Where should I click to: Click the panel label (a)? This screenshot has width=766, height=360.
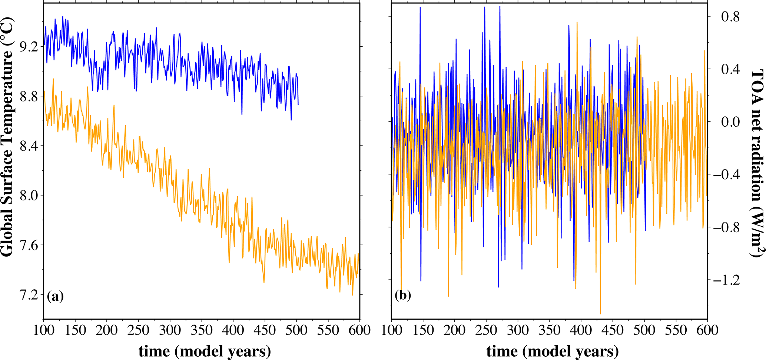coord(55,296)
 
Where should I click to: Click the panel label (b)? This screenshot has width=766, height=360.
coord(403,296)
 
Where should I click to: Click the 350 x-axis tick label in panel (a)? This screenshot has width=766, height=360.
coord(202,330)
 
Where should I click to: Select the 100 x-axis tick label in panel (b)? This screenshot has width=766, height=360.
coord(392,330)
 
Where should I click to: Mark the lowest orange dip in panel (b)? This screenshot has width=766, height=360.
coord(600,314)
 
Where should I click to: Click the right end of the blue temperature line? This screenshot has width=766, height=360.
coord(298,104)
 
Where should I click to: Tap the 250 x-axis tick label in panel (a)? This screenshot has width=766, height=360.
coord(138,330)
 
